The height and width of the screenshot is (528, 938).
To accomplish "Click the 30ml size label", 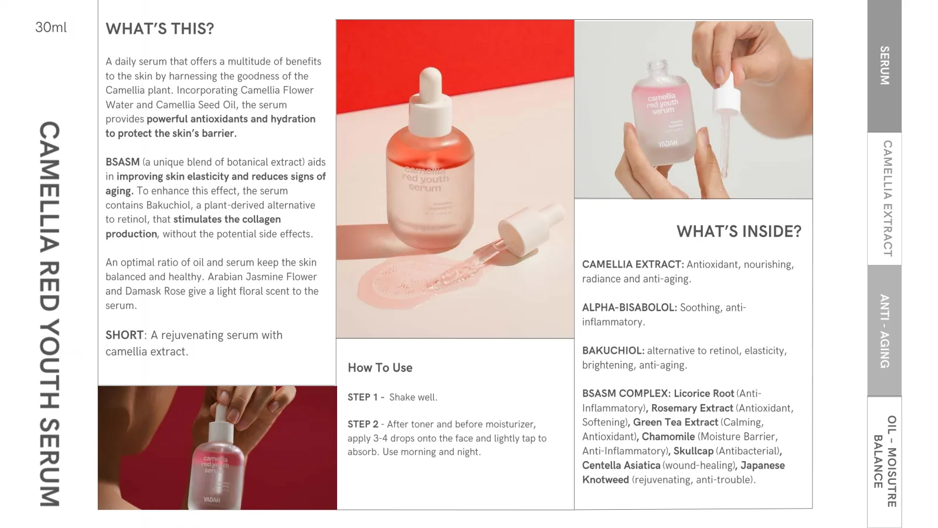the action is tap(50, 27).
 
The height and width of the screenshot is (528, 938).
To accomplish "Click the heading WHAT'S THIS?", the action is tap(159, 29).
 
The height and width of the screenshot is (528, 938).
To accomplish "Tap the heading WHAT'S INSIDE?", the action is tap(739, 231).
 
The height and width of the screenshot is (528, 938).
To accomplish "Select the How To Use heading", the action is tap(380, 367).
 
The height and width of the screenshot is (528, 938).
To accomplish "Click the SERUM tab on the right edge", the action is tap(884, 66).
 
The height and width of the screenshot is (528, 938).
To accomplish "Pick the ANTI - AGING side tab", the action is tap(884, 331).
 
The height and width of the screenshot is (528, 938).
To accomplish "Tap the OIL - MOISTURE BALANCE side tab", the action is tap(885, 461).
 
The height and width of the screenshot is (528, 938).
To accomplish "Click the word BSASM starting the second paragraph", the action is tap(123, 162).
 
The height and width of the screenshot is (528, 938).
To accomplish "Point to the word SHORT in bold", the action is tap(124, 335).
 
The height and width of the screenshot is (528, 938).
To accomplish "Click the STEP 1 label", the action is tap(363, 397).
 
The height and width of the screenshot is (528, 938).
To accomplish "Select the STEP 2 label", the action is tap(363, 424).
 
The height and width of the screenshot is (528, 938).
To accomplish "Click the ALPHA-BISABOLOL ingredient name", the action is tap(629, 307).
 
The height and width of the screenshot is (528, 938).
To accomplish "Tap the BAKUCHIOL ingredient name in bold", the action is tap(613, 351).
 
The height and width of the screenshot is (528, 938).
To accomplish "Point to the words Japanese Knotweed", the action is tap(684, 472).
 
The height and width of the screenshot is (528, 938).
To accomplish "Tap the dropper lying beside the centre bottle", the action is tap(498, 243).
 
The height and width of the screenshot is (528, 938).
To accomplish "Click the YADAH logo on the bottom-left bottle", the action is tap(212, 499).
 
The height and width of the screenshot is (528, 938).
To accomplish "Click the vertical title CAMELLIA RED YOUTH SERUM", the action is tap(49, 314).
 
